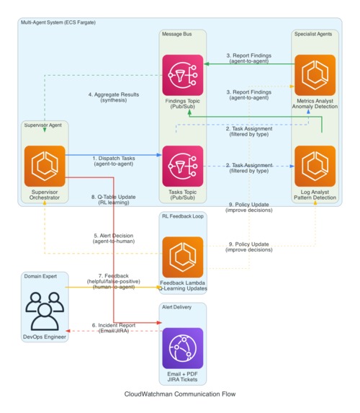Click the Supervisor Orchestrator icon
(45, 166)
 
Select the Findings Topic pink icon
(183, 75)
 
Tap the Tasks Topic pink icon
(183, 166)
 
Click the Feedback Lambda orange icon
(183, 257)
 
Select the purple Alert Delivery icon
(183, 349)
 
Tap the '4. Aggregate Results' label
(114, 97)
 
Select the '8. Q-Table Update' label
(114, 200)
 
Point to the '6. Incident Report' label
(114, 327)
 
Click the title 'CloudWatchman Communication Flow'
(180, 394)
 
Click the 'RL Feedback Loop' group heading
(183, 216)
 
